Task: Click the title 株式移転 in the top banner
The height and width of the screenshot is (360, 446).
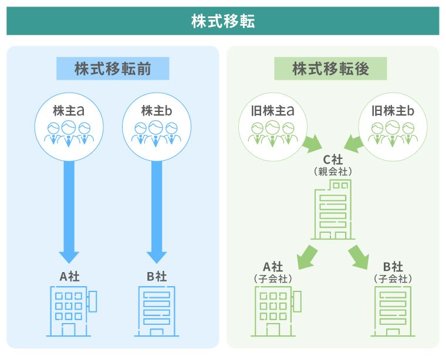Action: (x=222, y=21)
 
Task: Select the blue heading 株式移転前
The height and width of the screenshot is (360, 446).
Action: (x=113, y=69)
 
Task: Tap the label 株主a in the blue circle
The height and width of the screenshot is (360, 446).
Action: (x=69, y=110)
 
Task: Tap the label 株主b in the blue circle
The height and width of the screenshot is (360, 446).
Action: (x=156, y=110)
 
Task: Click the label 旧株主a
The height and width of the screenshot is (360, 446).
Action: (x=273, y=110)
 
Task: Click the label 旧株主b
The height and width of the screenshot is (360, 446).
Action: (x=393, y=110)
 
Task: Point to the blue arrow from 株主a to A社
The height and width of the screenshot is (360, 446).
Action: (x=69, y=205)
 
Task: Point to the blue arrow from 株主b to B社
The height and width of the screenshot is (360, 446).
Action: (x=156, y=205)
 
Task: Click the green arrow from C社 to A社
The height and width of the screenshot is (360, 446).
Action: (x=306, y=256)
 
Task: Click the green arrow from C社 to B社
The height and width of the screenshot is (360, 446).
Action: (x=359, y=256)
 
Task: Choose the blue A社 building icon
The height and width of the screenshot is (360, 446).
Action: (x=71, y=311)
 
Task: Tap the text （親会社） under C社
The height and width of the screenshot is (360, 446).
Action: (x=333, y=172)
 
